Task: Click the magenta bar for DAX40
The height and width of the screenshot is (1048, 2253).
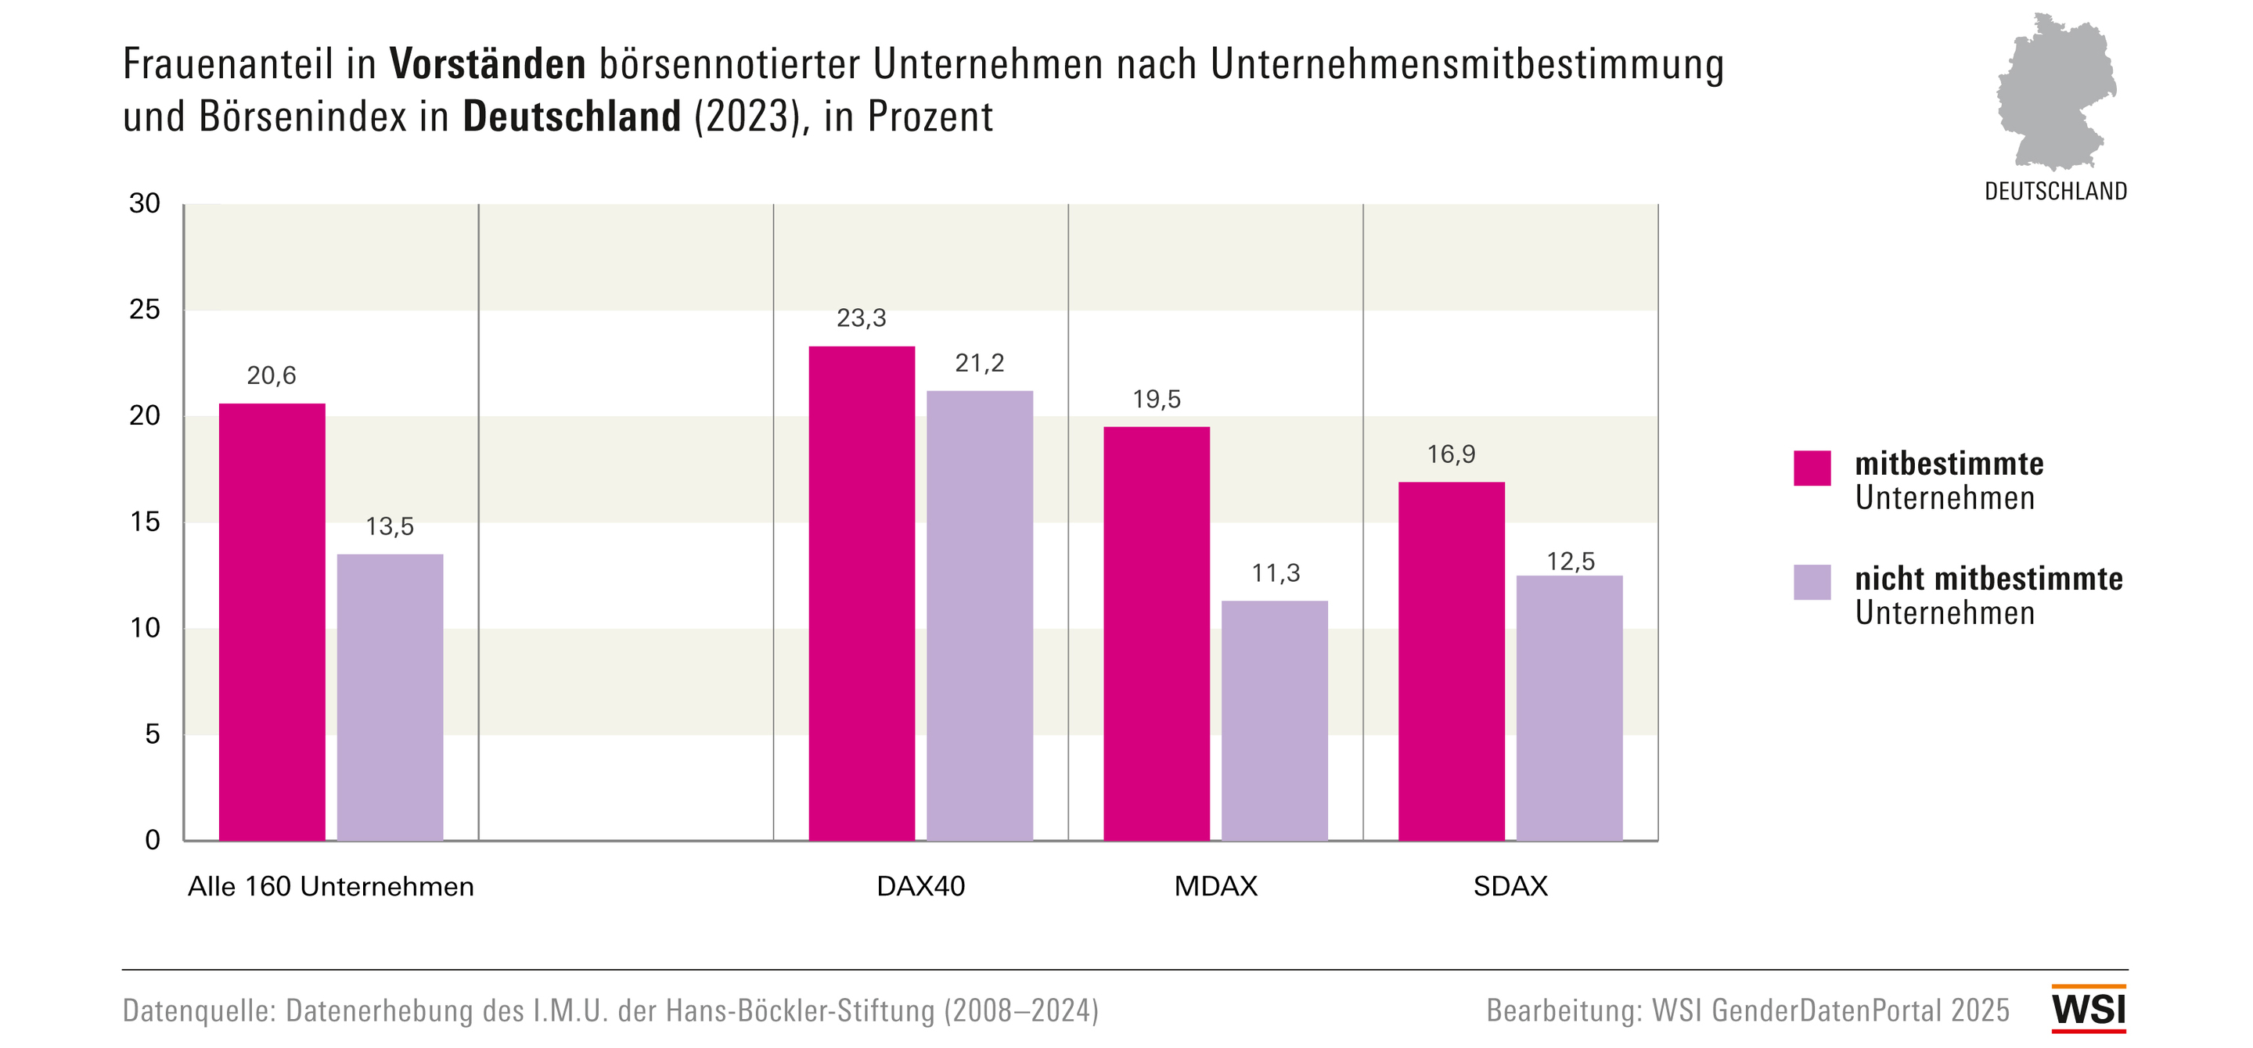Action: [x=862, y=594]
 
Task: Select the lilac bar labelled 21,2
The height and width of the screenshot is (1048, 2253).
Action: [x=980, y=616]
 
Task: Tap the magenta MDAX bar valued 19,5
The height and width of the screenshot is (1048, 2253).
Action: [x=1156, y=633]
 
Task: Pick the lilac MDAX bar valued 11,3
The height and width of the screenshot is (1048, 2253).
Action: [x=1274, y=720]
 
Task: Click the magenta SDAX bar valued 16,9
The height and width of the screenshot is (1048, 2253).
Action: [x=1451, y=661]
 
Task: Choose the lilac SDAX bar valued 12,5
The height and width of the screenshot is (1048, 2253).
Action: [x=1569, y=708]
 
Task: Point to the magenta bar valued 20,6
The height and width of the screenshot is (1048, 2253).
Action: [x=272, y=622]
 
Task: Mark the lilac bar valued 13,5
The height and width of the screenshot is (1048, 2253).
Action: [x=390, y=697]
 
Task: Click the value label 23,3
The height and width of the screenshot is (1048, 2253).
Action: [x=862, y=318]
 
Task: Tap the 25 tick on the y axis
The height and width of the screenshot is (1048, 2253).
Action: [x=146, y=310]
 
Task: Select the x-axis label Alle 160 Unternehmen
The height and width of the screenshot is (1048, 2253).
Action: [x=330, y=886]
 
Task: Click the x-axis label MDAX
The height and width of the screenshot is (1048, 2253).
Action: [x=1215, y=886]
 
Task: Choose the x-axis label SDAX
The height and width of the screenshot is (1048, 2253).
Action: [x=1510, y=886]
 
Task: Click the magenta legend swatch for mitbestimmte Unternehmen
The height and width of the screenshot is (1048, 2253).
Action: [x=1812, y=468]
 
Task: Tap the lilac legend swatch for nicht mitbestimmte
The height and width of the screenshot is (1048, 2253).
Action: [x=1812, y=582]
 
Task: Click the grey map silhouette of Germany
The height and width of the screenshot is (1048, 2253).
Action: [x=2054, y=92]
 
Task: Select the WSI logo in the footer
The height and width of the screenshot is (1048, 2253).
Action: [x=2089, y=1010]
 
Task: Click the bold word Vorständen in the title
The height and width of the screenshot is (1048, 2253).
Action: [x=488, y=64]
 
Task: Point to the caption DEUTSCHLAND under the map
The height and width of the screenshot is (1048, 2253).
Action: [x=2055, y=192]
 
